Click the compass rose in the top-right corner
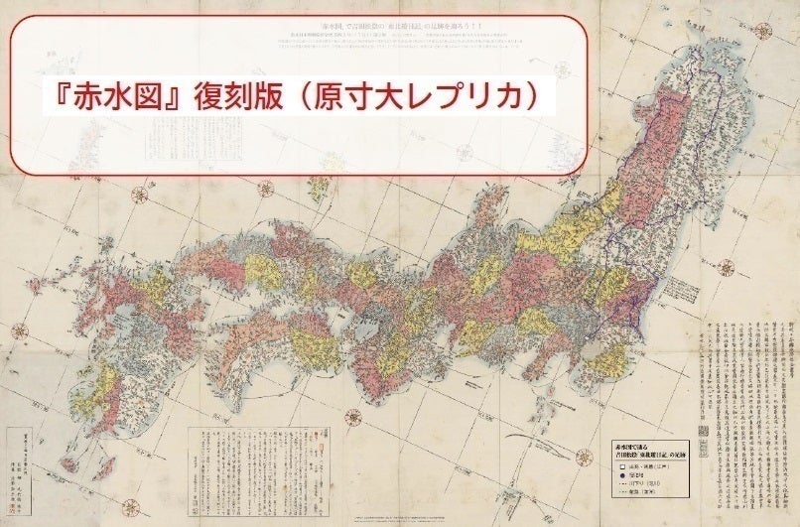(762, 30)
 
